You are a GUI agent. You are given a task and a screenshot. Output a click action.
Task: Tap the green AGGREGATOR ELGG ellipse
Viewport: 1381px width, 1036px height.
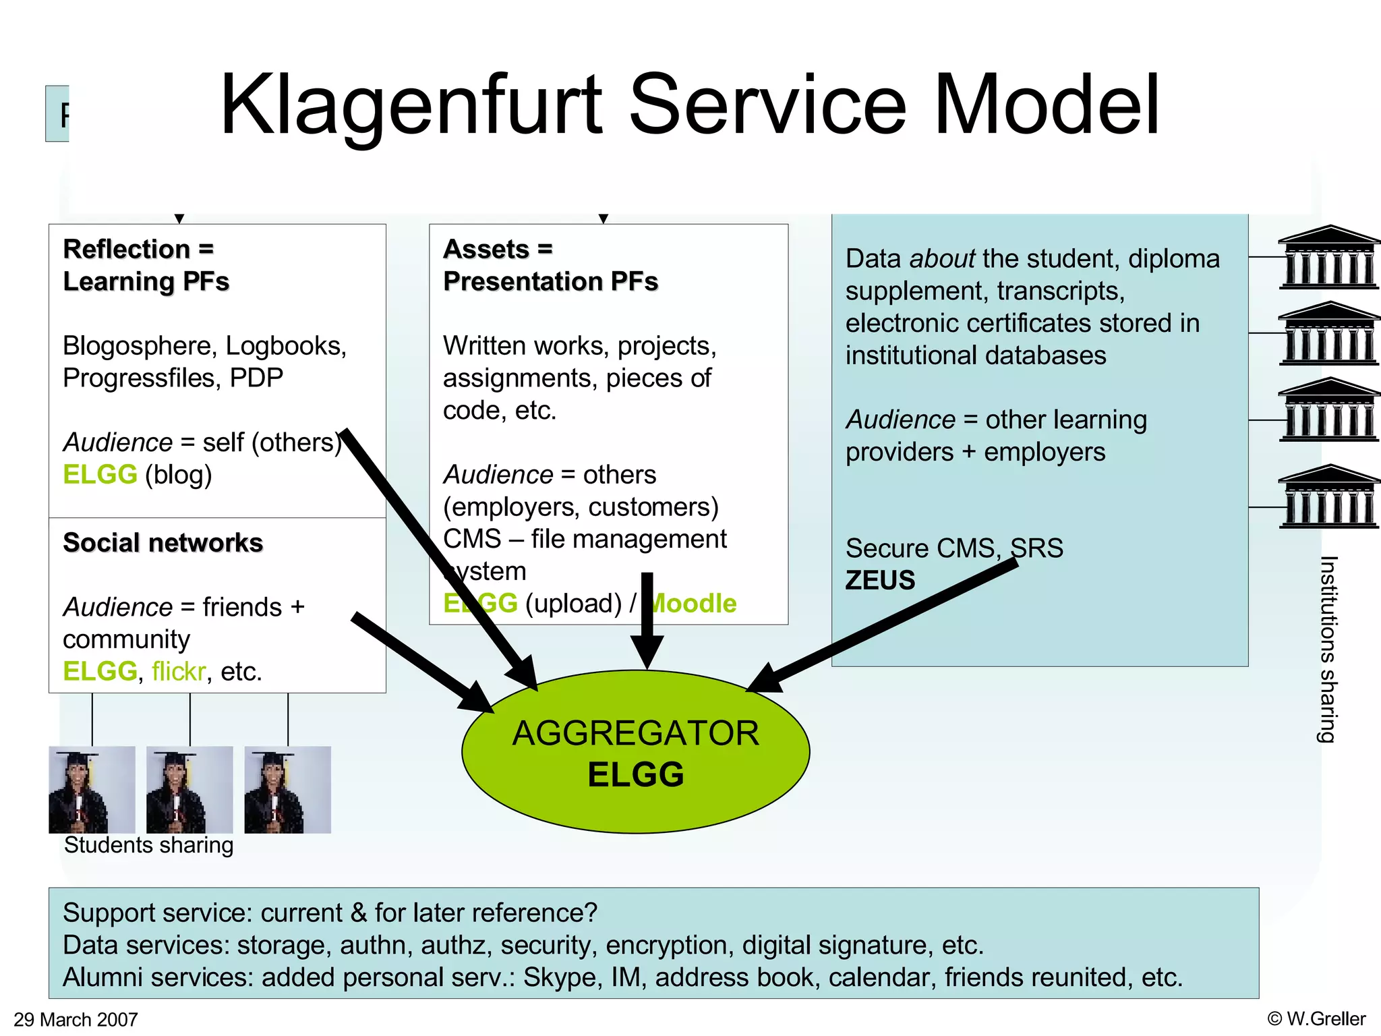pyautogui.click(x=635, y=752)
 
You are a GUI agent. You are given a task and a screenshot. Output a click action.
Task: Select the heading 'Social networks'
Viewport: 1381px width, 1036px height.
pyautogui.click(x=163, y=543)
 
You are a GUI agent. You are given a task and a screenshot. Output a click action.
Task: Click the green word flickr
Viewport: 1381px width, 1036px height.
pyautogui.click(x=179, y=672)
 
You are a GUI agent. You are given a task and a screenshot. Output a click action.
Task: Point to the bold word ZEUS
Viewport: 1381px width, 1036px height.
pyautogui.click(x=880, y=581)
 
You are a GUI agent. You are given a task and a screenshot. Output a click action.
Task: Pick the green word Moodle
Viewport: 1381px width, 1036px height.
pyautogui.click(x=695, y=604)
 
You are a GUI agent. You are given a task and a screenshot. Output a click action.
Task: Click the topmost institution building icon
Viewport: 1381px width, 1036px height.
pyautogui.click(x=1329, y=258)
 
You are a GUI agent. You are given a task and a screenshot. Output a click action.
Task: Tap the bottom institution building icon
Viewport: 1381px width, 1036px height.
pyautogui.click(x=1329, y=496)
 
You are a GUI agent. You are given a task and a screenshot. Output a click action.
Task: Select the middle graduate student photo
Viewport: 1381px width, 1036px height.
pyautogui.click(x=189, y=790)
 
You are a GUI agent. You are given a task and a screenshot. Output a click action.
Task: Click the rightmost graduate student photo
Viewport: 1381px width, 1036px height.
pyautogui.click(x=288, y=790)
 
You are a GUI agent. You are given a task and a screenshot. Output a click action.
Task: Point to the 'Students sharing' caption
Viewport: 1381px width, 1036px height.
pyautogui.click(x=148, y=845)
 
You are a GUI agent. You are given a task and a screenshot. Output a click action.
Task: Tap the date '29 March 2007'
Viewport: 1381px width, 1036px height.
pyautogui.click(x=76, y=1019)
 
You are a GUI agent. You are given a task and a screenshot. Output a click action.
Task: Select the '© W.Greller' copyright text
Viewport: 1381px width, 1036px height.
pyautogui.click(x=1316, y=1018)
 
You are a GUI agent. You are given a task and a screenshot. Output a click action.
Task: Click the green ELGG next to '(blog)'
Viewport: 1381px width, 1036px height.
pyautogui.click(x=100, y=475)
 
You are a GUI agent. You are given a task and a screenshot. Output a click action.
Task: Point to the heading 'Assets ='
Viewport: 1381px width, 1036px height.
pyautogui.click(x=498, y=250)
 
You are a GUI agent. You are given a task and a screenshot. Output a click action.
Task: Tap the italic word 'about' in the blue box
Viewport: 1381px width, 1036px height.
pyautogui.click(x=941, y=259)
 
